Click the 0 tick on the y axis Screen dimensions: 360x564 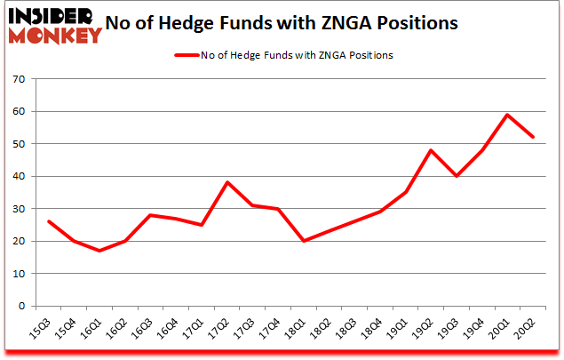click(x=20, y=306)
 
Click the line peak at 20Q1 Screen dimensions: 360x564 click(x=507, y=115)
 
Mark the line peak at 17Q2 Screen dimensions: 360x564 click(x=226, y=182)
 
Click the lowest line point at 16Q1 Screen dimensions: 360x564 click(x=99, y=251)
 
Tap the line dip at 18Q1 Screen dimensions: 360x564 click(x=304, y=241)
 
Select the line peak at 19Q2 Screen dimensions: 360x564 click(x=431, y=150)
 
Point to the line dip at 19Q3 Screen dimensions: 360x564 click(x=457, y=176)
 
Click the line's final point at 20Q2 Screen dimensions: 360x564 click(x=533, y=137)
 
